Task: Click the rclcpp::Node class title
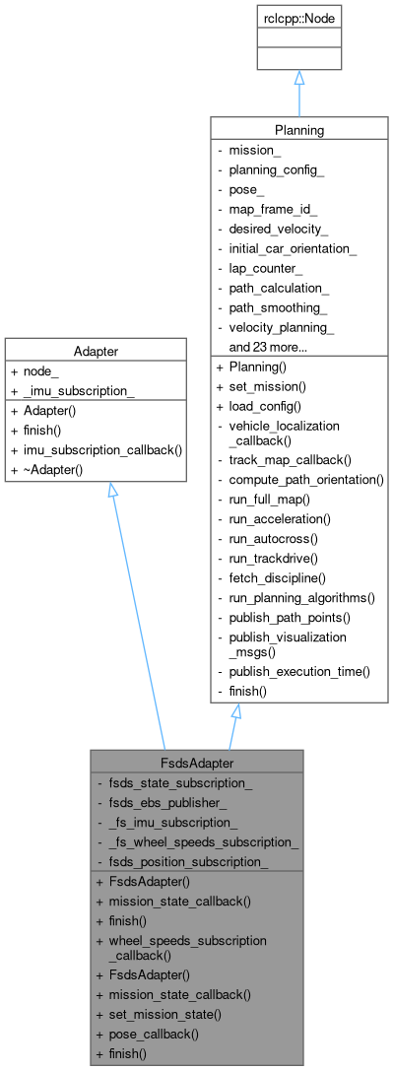(298, 18)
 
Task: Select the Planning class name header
(298, 129)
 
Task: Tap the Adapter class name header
(96, 349)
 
